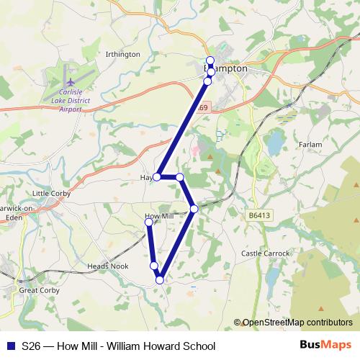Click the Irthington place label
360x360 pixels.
(x=122, y=54)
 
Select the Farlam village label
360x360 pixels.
(x=310, y=145)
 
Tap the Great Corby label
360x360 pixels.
(x=37, y=290)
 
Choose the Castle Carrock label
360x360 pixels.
(x=265, y=253)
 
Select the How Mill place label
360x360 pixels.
(x=159, y=215)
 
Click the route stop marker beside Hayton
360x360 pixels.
(x=157, y=176)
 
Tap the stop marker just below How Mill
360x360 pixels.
(x=149, y=223)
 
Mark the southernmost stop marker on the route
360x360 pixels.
(x=160, y=279)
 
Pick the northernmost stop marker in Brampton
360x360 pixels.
(x=210, y=60)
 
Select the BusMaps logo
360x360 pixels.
(x=320, y=346)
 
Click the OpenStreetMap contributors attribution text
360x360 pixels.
(x=297, y=322)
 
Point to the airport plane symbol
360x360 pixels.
(x=69, y=75)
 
